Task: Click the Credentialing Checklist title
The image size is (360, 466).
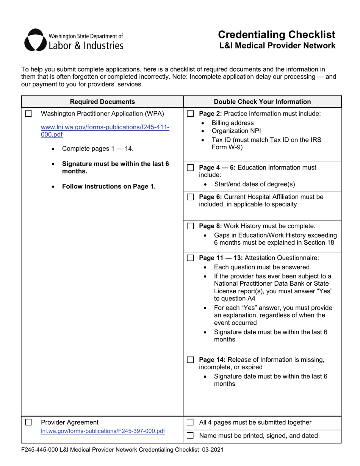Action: [x=277, y=35]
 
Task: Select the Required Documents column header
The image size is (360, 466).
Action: [x=102, y=102]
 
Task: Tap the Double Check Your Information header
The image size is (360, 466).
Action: [x=262, y=102]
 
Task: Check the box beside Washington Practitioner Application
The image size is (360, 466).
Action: [x=28, y=114]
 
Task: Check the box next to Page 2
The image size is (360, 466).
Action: [x=191, y=114]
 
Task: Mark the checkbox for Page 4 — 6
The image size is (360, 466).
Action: [x=191, y=167]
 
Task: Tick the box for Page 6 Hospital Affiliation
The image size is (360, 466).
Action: [x=191, y=197]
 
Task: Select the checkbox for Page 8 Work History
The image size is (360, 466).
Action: [x=191, y=227]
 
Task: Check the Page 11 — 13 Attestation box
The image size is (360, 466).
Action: [x=191, y=258]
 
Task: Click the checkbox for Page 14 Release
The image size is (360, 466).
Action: [x=191, y=360]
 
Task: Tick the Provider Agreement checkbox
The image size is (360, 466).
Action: [x=28, y=422]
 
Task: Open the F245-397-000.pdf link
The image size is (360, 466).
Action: [x=103, y=431]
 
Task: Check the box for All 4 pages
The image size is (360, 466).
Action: [x=191, y=422]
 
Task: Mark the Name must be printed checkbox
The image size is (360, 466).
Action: [x=191, y=436]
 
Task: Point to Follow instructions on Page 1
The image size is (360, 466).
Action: [x=109, y=186]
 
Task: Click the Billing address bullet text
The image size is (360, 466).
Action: [x=232, y=123]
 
